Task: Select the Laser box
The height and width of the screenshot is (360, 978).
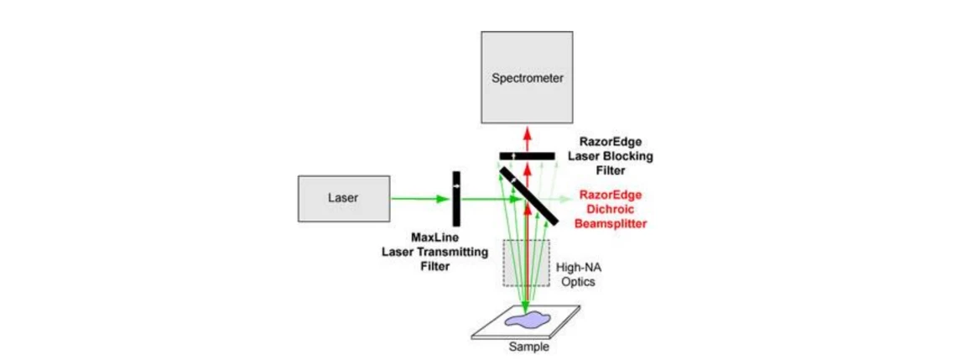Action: click(x=344, y=199)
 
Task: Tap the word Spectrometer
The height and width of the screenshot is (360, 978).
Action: click(x=527, y=79)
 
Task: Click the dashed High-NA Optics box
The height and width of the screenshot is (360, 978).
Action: click(x=527, y=263)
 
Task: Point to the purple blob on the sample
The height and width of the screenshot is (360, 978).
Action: click(x=527, y=320)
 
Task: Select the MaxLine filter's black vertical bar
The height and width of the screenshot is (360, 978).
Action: click(x=456, y=199)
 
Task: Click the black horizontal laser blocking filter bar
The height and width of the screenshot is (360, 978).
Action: click(x=527, y=156)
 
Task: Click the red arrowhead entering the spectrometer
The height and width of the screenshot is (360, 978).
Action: click(x=527, y=131)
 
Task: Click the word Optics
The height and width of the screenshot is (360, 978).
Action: click(x=576, y=282)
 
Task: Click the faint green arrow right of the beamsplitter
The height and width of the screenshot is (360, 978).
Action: click(x=557, y=200)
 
